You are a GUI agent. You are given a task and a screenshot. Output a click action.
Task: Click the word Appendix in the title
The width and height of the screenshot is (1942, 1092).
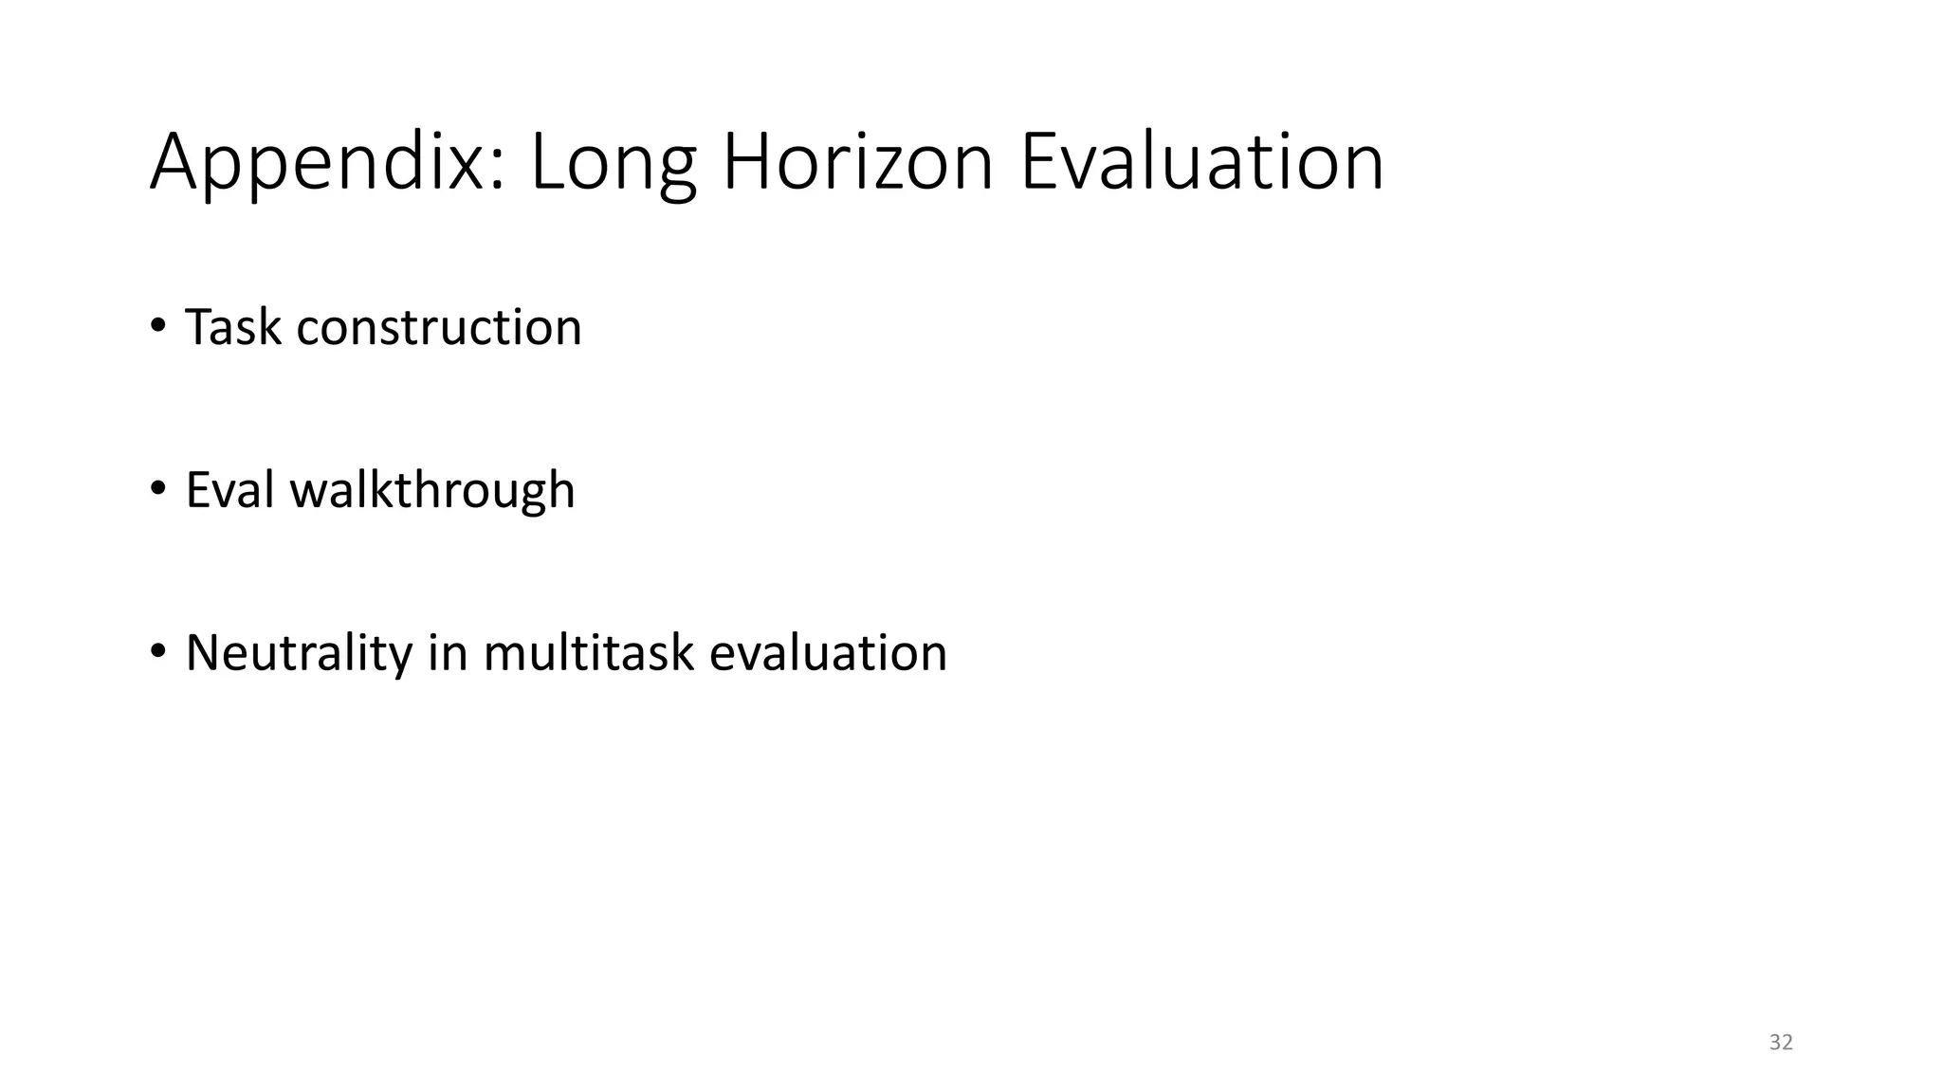(318, 163)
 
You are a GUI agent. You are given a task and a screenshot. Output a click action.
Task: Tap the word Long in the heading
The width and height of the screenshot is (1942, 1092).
(613, 163)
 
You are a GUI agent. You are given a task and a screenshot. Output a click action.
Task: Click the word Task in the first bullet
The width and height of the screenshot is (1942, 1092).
(233, 327)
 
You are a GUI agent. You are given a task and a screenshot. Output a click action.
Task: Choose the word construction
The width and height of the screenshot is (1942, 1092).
(439, 328)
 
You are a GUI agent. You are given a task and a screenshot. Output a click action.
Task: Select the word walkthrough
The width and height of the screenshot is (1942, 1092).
(432, 491)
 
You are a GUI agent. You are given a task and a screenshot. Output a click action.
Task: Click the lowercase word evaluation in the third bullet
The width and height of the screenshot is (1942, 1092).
(828, 653)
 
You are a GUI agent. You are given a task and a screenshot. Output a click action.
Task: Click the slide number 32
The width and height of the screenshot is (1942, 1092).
(1781, 1043)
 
